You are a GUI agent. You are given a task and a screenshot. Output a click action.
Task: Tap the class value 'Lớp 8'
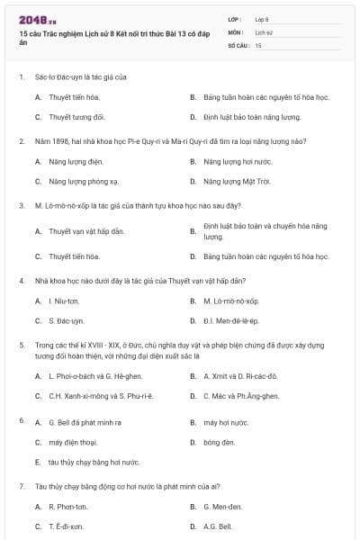(x=262, y=19)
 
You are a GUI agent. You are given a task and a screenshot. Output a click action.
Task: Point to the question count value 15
(x=258, y=44)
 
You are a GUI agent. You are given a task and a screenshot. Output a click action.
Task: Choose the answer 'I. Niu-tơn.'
(x=64, y=301)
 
